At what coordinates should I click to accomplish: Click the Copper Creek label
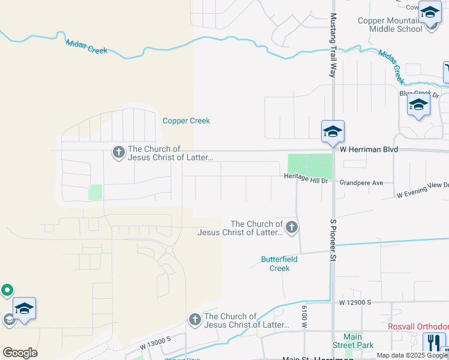click(186, 121)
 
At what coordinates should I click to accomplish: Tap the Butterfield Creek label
click(275, 264)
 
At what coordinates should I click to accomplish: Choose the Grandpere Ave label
click(361, 182)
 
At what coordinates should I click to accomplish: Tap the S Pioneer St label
click(331, 241)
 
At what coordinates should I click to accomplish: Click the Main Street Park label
click(353, 341)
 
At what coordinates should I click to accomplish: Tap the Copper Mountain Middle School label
click(390, 25)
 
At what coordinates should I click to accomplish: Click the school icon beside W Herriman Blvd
click(333, 131)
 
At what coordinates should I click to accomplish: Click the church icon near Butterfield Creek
click(291, 227)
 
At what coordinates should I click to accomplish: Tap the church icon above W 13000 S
click(194, 320)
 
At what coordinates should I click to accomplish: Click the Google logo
click(20, 353)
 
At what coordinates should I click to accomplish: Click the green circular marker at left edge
click(7, 290)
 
